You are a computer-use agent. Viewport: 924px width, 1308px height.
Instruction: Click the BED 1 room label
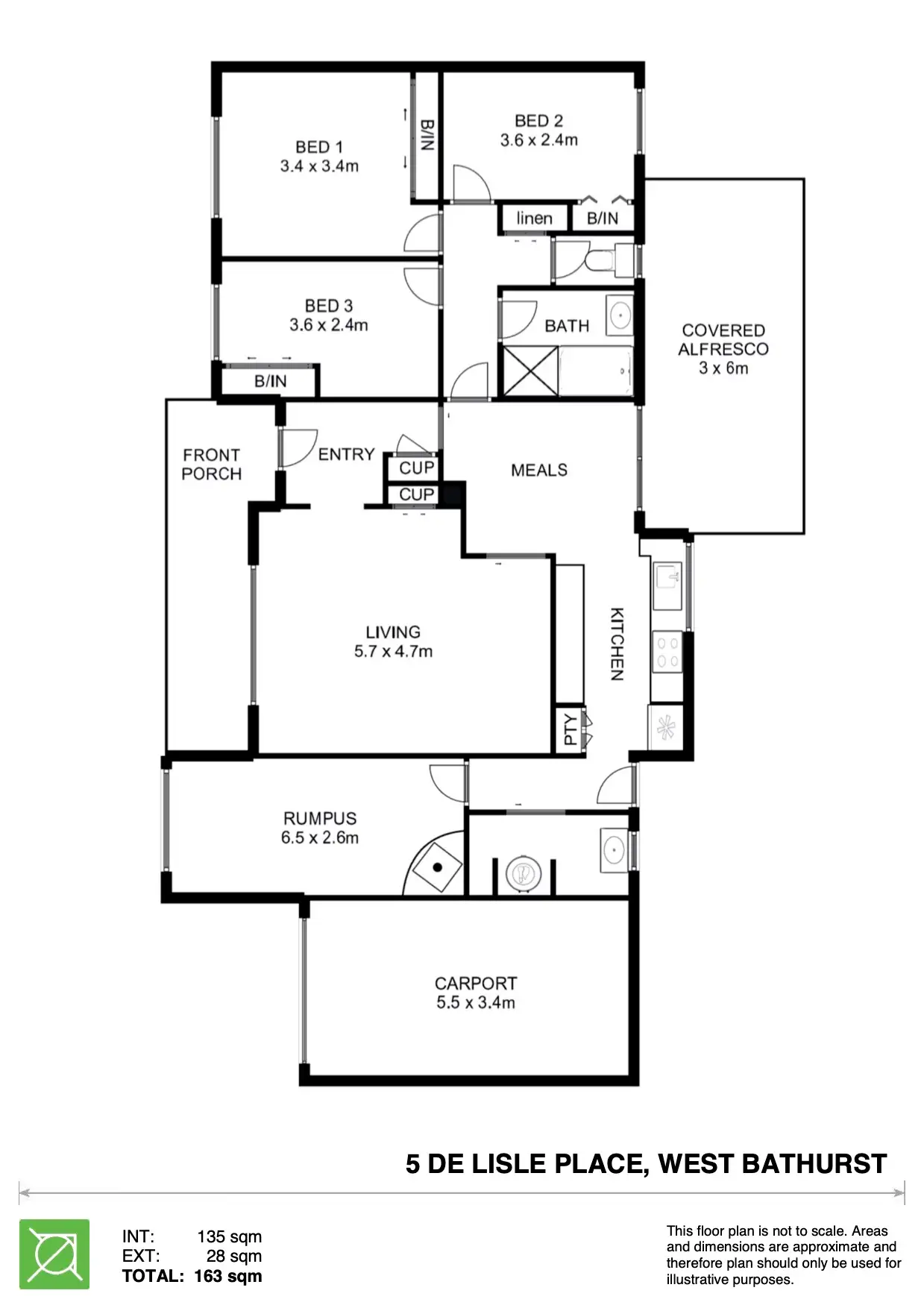[x=319, y=147]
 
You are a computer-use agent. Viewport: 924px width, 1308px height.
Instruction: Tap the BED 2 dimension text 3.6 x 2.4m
[x=538, y=139]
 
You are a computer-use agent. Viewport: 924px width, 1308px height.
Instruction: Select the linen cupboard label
[x=534, y=218]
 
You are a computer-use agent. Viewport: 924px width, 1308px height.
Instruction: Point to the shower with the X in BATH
[x=529, y=371]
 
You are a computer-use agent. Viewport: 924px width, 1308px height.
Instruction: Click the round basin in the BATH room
[x=619, y=315]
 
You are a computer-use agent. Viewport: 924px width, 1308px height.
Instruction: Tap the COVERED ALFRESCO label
[x=723, y=339]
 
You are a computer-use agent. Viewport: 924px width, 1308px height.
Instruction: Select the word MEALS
[x=539, y=470]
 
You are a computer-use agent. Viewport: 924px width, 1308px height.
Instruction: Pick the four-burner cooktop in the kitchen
[x=666, y=651]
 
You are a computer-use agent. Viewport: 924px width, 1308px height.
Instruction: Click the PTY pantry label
[x=570, y=729]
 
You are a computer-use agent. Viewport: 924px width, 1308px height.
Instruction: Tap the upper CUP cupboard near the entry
[x=416, y=468]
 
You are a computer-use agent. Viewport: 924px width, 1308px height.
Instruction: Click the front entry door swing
[x=298, y=447]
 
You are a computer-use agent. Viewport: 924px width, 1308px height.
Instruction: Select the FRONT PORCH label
[x=212, y=464]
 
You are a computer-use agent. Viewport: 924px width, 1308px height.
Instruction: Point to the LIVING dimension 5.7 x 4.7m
[x=393, y=651]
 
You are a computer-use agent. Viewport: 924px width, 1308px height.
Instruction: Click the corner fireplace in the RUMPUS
[x=437, y=867]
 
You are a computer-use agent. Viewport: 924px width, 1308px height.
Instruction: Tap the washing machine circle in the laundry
[x=524, y=872]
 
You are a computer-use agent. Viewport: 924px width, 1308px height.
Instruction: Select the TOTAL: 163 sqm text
[x=192, y=1276]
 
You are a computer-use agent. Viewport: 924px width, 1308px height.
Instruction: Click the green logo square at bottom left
[x=54, y=1254]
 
